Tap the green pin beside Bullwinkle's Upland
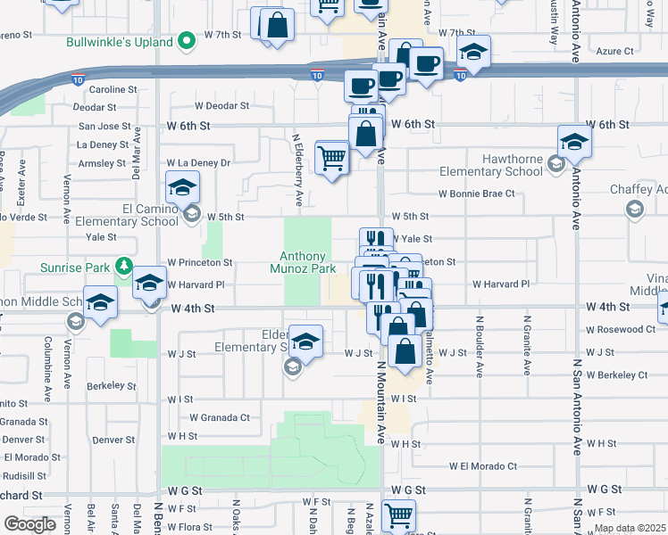(x=187, y=41)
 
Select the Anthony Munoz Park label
(x=304, y=261)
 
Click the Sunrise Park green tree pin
(x=124, y=266)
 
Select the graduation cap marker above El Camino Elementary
(x=182, y=188)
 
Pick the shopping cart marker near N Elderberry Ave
(x=331, y=158)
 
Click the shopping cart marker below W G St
(x=398, y=515)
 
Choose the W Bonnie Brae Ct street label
(x=477, y=193)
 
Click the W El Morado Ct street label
(x=483, y=466)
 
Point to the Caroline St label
(x=113, y=89)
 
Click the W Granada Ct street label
(x=220, y=416)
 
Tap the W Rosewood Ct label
(x=622, y=330)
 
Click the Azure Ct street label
(x=615, y=52)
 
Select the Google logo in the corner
(x=29, y=524)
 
